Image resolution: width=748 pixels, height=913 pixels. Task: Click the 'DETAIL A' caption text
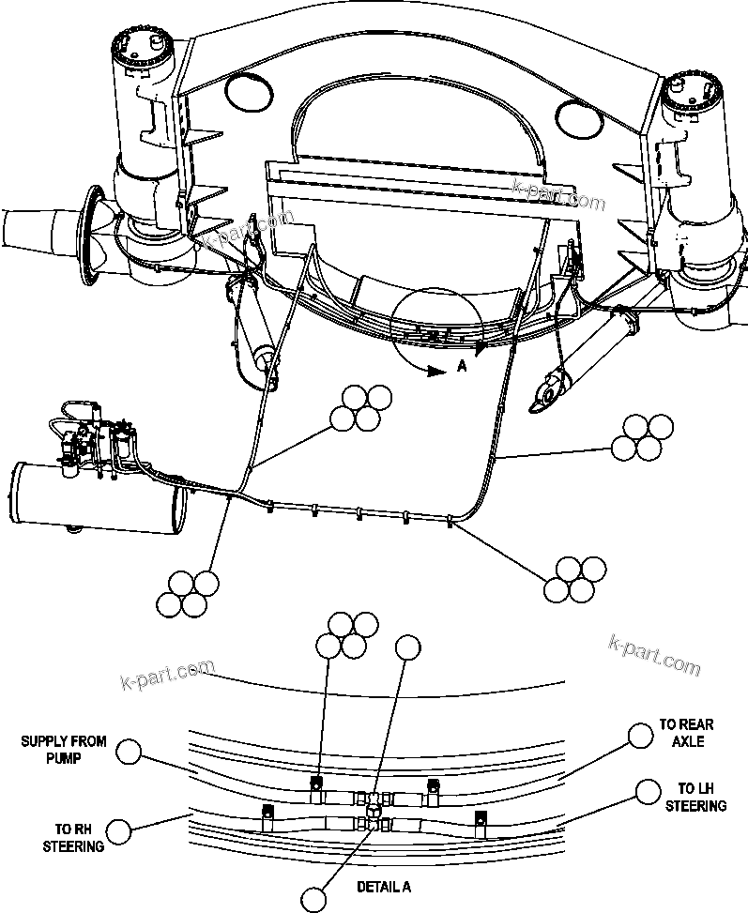point(383,886)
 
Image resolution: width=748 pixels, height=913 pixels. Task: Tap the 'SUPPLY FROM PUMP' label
point(64,749)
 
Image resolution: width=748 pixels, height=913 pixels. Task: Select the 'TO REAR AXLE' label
point(685,732)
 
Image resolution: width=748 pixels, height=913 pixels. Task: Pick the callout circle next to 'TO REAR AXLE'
point(640,735)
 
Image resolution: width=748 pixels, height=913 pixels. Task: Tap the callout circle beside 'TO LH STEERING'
point(646,791)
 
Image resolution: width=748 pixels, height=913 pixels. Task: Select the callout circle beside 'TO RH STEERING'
point(119,830)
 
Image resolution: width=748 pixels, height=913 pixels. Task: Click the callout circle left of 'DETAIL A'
point(314,899)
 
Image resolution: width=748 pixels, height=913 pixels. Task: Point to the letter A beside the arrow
point(461,369)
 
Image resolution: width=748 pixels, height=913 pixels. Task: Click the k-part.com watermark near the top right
point(559,194)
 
